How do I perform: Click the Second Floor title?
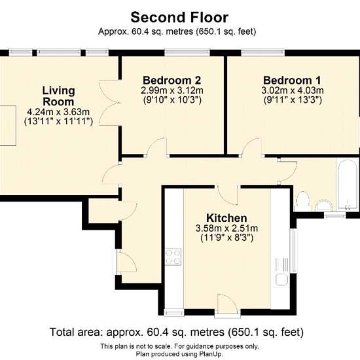pos(179,18)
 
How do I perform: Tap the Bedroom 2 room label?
pos(172,81)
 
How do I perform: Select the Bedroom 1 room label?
pos(293,81)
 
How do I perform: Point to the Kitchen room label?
pos(226,218)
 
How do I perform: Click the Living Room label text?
pos(58,96)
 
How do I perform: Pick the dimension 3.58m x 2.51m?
pos(226,228)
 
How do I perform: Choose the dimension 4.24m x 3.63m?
pos(58,112)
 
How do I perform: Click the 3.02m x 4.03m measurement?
pos(293,90)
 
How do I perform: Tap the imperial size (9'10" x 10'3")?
pos(172,100)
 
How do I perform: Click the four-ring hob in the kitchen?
pos(173,257)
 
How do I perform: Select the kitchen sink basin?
pos(281,279)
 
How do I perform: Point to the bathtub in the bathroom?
pos(347,184)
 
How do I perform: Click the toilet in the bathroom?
pos(302,202)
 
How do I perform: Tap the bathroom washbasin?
pos(324,205)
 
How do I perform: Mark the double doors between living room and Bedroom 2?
pos(110,103)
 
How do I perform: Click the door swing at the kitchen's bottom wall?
pos(227,303)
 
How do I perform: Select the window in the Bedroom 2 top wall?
pos(187,52)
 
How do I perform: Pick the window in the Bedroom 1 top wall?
pos(263,52)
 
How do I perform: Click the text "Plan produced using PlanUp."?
pos(179,354)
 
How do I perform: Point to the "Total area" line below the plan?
pos(177,332)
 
